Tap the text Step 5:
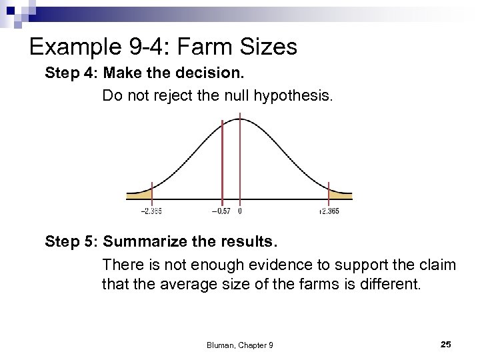pos(71,241)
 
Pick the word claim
pos(436,265)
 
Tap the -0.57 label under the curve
pos(221,211)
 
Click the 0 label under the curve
pos(240,211)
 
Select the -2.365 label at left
pos(151,211)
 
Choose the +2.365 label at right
pos(329,211)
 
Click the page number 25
pos(446,344)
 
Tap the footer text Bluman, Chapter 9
pos(239,345)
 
